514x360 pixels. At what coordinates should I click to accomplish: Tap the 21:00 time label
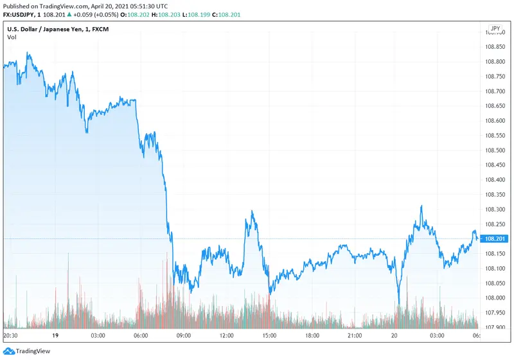[355, 335]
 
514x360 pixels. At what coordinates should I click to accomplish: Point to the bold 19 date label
[55, 335]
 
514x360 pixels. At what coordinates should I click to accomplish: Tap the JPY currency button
[495, 29]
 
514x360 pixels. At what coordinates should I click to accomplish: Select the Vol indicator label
[12, 37]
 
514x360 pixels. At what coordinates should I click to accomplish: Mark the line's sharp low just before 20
[398, 303]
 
